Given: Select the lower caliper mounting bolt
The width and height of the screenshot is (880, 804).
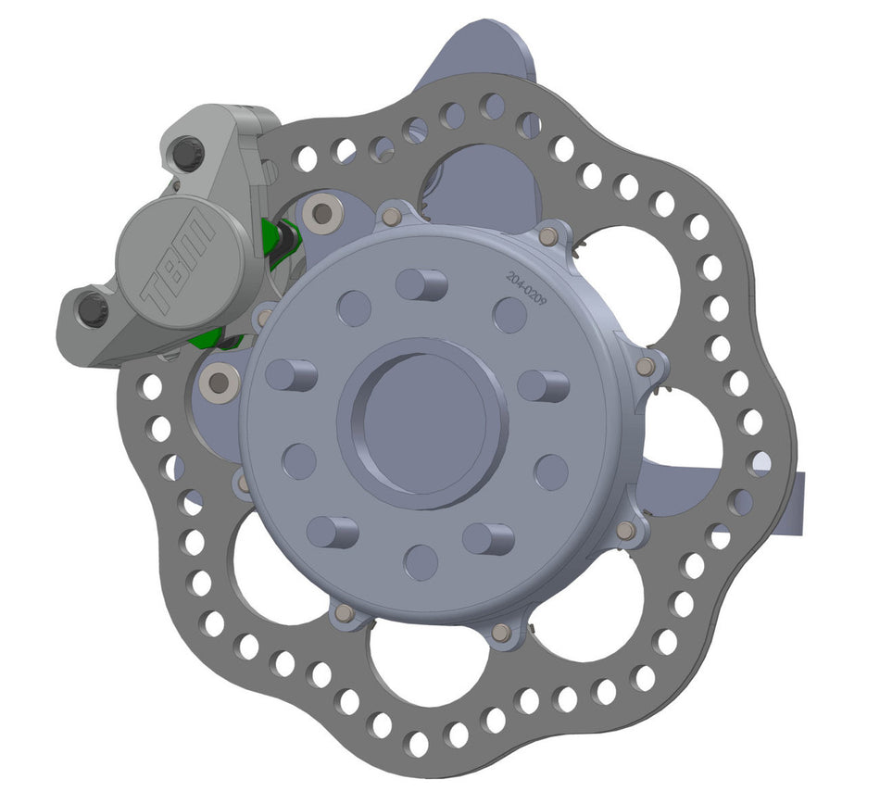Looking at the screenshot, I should click(x=92, y=310).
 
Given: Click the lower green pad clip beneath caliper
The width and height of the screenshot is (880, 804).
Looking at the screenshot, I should click(x=208, y=338).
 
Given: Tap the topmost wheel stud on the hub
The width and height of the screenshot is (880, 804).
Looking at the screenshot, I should click(x=422, y=284).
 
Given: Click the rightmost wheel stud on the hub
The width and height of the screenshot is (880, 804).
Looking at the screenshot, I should click(x=544, y=384).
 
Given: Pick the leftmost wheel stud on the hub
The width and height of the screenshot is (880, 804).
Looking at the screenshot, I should click(x=291, y=375).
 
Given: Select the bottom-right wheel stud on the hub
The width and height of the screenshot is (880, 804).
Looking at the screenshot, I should click(x=488, y=537).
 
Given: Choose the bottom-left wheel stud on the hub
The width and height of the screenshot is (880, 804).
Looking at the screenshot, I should click(x=332, y=531).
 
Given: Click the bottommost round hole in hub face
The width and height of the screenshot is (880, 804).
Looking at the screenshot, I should click(x=421, y=562).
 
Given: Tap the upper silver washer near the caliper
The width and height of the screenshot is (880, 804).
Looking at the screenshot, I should click(x=322, y=215).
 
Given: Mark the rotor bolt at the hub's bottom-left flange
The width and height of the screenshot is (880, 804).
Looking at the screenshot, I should click(x=345, y=613).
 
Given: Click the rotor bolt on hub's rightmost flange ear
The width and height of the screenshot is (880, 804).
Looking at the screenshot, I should click(x=646, y=368).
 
